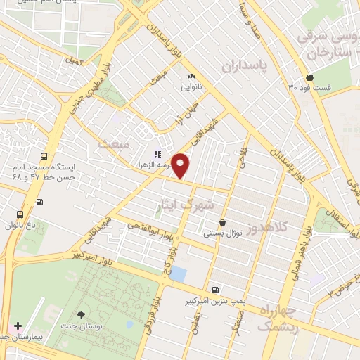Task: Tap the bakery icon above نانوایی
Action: click(191, 76)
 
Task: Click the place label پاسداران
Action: click(246, 66)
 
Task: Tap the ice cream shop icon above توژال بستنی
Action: click(222, 222)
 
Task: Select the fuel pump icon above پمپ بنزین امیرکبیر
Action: click(214, 290)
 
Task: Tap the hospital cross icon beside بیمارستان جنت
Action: click(18, 327)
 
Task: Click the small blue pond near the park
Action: click(179, 274)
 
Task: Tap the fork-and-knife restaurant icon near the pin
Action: click(158, 154)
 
